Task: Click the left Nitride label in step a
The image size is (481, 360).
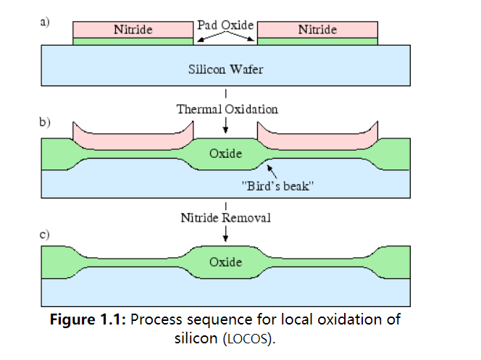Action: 133,30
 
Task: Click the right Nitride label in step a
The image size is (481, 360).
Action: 317,30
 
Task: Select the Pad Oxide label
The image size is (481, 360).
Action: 225,25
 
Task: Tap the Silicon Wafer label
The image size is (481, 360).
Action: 226,70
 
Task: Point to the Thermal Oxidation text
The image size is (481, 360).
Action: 227,109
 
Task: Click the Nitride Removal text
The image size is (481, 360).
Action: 227,217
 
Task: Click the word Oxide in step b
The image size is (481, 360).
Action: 225,154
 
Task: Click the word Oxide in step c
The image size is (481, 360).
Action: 225,261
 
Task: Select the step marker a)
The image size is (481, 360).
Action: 45,22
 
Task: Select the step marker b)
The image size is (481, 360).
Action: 45,122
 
